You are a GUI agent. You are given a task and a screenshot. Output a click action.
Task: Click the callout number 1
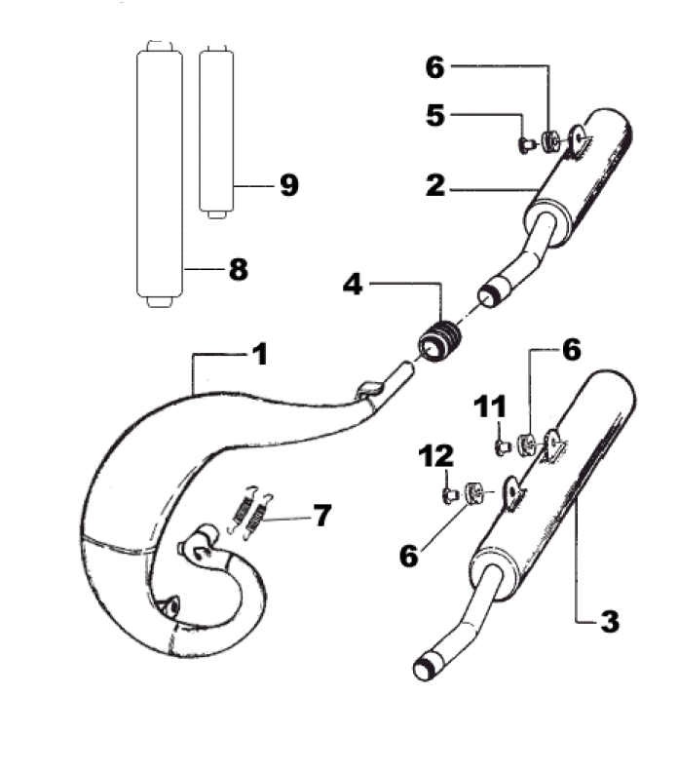coord(260,354)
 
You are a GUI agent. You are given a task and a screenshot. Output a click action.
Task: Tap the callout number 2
coord(435,185)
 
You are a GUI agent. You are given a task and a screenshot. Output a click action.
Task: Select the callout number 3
coord(610,621)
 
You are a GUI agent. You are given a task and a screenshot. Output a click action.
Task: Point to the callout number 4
coord(353,285)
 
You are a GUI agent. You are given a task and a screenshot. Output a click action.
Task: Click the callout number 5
coord(435,115)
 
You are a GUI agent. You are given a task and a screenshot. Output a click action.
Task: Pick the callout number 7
coord(322,515)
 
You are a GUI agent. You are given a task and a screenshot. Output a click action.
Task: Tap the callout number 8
coord(239,270)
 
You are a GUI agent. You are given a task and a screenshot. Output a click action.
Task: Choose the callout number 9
coord(288,185)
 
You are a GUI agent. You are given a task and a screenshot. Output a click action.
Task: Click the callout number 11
coord(490,407)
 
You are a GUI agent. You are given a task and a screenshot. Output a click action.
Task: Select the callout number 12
coord(436,456)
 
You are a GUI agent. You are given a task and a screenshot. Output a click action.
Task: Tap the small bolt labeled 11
coord(503,447)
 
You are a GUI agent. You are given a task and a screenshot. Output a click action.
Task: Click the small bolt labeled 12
coord(450,495)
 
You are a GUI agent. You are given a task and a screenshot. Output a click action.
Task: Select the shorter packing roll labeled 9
coord(217,132)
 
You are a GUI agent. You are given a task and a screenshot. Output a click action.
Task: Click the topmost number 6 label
coord(435,67)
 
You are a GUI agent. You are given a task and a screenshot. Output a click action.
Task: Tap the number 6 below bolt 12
coord(409,555)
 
